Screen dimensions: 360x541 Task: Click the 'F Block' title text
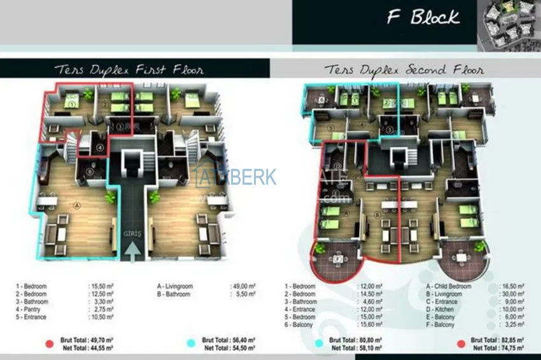[x=423, y=17]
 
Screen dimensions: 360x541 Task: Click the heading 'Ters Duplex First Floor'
[x=129, y=69]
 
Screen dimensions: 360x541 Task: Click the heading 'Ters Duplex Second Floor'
[x=404, y=69]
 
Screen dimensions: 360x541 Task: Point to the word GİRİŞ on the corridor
[x=132, y=233]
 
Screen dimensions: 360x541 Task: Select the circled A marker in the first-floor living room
[x=77, y=205]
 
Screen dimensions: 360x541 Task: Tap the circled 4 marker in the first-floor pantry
[x=99, y=149]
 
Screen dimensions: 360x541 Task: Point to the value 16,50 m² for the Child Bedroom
[x=512, y=287]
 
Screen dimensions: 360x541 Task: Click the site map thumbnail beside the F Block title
[x=509, y=22]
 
